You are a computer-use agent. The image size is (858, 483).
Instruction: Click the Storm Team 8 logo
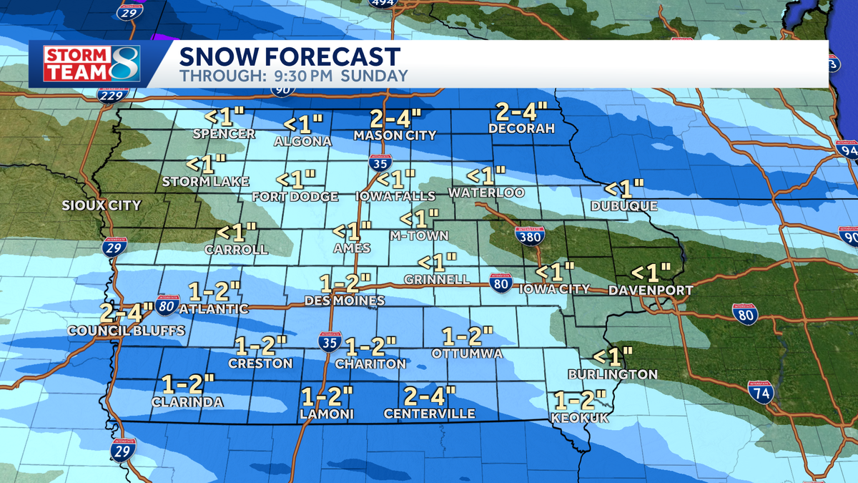click(x=91, y=64)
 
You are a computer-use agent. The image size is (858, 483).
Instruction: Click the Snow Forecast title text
click(x=290, y=57)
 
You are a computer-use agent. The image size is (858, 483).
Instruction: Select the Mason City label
click(x=395, y=135)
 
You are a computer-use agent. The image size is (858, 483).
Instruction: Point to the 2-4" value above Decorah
click(x=522, y=112)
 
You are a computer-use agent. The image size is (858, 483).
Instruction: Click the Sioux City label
click(x=102, y=205)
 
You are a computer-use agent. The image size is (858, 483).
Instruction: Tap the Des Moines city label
click(x=345, y=301)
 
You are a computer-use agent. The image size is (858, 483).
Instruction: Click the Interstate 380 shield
click(x=530, y=235)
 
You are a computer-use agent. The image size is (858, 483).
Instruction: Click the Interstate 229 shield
click(x=109, y=93)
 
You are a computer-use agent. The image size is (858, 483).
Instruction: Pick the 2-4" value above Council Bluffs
click(x=127, y=312)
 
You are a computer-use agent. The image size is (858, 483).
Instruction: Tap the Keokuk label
click(x=580, y=418)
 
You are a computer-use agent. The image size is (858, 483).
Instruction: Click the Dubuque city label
click(x=624, y=206)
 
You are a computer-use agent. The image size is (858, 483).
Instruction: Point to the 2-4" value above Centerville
click(x=429, y=395)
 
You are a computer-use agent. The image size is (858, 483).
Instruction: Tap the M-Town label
click(x=419, y=235)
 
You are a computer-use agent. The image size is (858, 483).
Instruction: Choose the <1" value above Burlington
click(x=613, y=356)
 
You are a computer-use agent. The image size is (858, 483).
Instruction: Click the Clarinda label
click(x=187, y=402)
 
